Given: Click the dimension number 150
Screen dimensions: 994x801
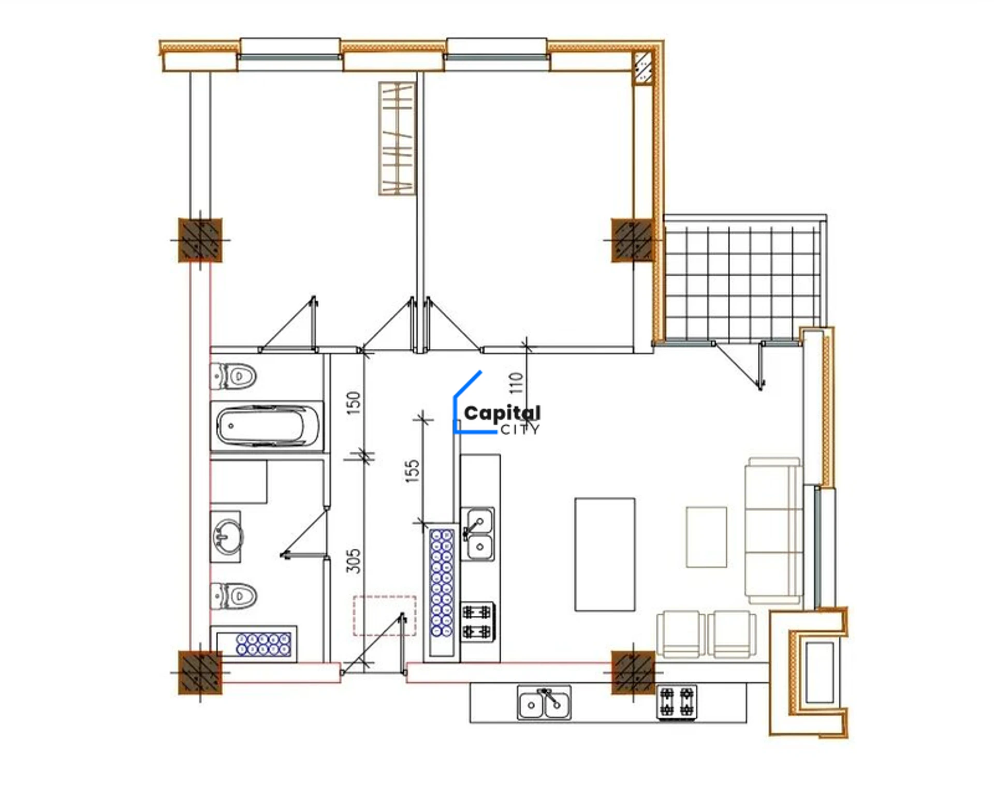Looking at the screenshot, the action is tap(353, 403).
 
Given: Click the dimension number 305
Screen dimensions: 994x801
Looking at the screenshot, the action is tap(353, 561).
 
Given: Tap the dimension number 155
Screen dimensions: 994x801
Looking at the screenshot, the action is tap(412, 471).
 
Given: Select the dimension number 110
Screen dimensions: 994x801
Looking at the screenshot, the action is tap(516, 383).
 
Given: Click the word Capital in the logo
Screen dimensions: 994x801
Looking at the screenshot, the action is tap(502, 413).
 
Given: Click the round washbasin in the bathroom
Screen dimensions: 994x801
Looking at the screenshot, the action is tap(227, 536).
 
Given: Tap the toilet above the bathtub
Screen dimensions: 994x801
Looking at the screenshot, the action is tap(233, 376).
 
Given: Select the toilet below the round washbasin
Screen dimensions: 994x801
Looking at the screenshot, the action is tap(233, 596).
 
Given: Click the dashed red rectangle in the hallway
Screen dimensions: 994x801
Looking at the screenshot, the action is tap(385, 616).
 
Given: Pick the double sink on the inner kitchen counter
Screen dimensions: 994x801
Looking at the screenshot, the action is tap(478, 534).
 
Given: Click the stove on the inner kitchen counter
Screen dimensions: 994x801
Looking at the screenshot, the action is tap(478, 622).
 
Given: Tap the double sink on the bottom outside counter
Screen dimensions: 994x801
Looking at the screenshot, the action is tap(544, 703).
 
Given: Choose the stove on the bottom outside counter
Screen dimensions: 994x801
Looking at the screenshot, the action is tap(677, 702).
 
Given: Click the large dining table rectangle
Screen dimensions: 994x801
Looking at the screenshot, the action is tap(605, 554).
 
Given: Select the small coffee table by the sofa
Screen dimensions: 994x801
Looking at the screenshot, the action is tap(706, 537).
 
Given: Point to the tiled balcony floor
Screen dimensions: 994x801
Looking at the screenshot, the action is tap(742, 279).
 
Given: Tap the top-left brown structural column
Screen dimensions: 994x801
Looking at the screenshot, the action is tap(200, 240).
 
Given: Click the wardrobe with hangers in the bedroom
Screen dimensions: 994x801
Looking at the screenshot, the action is tap(397, 138).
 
